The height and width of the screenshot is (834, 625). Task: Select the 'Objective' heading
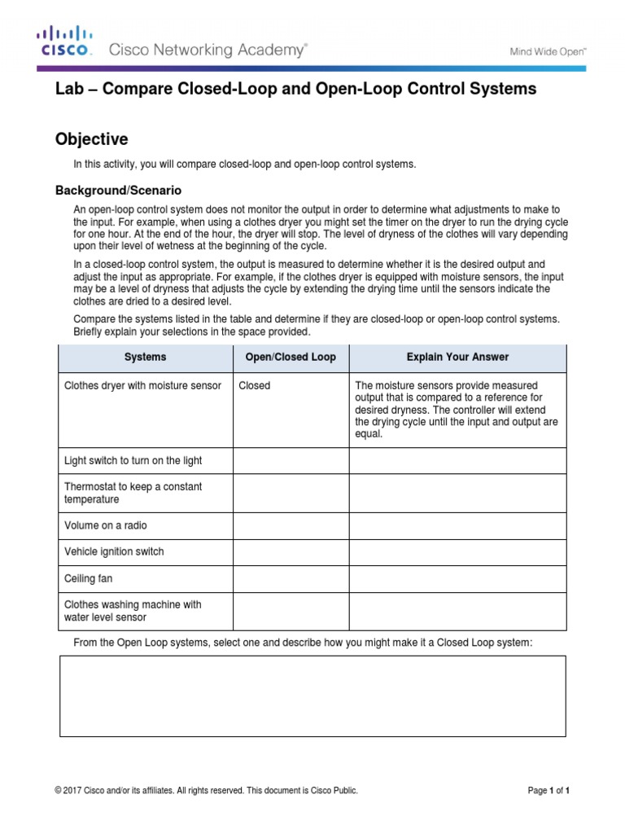(91, 139)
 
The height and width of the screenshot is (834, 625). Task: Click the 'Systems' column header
(145, 357)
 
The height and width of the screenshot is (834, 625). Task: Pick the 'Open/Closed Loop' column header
(291, 357)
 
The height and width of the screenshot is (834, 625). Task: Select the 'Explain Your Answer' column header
(457, 357)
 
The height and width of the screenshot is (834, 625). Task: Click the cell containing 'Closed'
(254, 385)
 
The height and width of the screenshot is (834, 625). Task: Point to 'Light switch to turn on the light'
(133, 460)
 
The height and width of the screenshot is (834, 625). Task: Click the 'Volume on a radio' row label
(106, 525)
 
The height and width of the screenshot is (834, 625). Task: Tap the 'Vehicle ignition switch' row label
(114, 551)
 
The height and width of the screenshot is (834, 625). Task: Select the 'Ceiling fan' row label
(88, 578)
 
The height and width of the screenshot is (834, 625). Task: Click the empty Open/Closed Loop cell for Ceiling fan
(291, 578)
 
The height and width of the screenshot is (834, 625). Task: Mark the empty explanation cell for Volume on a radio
(457, 525)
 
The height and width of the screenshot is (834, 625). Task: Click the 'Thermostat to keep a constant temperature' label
(133, 493)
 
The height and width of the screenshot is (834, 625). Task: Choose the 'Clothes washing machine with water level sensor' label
(133, 611)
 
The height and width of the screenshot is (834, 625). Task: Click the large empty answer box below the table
(312, 696)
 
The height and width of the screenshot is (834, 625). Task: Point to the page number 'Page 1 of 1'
(549, 790)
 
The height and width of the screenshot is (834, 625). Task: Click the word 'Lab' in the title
(70, 89)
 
